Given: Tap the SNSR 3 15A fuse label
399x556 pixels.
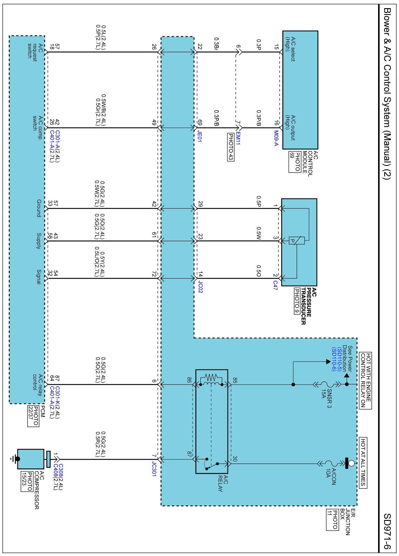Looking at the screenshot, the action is click(x=326, y=398).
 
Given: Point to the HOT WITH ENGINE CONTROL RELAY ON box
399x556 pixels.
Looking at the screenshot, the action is click(x=365, y=380).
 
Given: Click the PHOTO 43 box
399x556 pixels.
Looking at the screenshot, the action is click(x=231, y=147).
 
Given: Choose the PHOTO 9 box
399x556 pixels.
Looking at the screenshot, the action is click(x=297, y=301).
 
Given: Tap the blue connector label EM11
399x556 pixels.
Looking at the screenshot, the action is click(x=238, y=138).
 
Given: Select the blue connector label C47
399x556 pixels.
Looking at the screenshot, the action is click(x=275, y=285).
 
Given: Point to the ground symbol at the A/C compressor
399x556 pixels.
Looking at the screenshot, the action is click(x=13, y=458).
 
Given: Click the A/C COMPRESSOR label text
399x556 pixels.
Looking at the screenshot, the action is click(x=39, y=490).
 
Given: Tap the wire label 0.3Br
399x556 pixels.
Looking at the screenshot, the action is click(x=216, y=44).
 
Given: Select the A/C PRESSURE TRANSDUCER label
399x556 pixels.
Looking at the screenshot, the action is click(x=308, y=306).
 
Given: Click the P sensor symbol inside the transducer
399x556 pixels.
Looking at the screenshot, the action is click(x=293, y=240).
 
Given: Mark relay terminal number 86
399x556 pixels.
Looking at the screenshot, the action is click(x=189, y=380).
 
